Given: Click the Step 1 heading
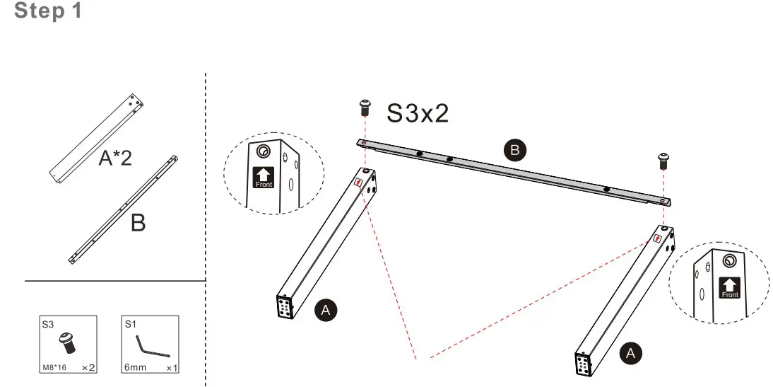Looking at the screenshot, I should [48, 11].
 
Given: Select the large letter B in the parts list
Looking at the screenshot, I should [138, 223].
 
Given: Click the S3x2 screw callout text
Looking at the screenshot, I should [418, 113].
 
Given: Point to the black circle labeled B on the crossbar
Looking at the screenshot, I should [514, 149].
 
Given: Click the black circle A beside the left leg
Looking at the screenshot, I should [325, 309].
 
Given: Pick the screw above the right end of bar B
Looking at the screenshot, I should [663, 160].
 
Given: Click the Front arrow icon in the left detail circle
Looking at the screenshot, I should [263, 178].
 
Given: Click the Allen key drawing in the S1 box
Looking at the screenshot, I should [151, 348].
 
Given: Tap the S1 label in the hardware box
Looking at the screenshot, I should [130, 325].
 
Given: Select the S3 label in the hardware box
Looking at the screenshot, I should [48, 325].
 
